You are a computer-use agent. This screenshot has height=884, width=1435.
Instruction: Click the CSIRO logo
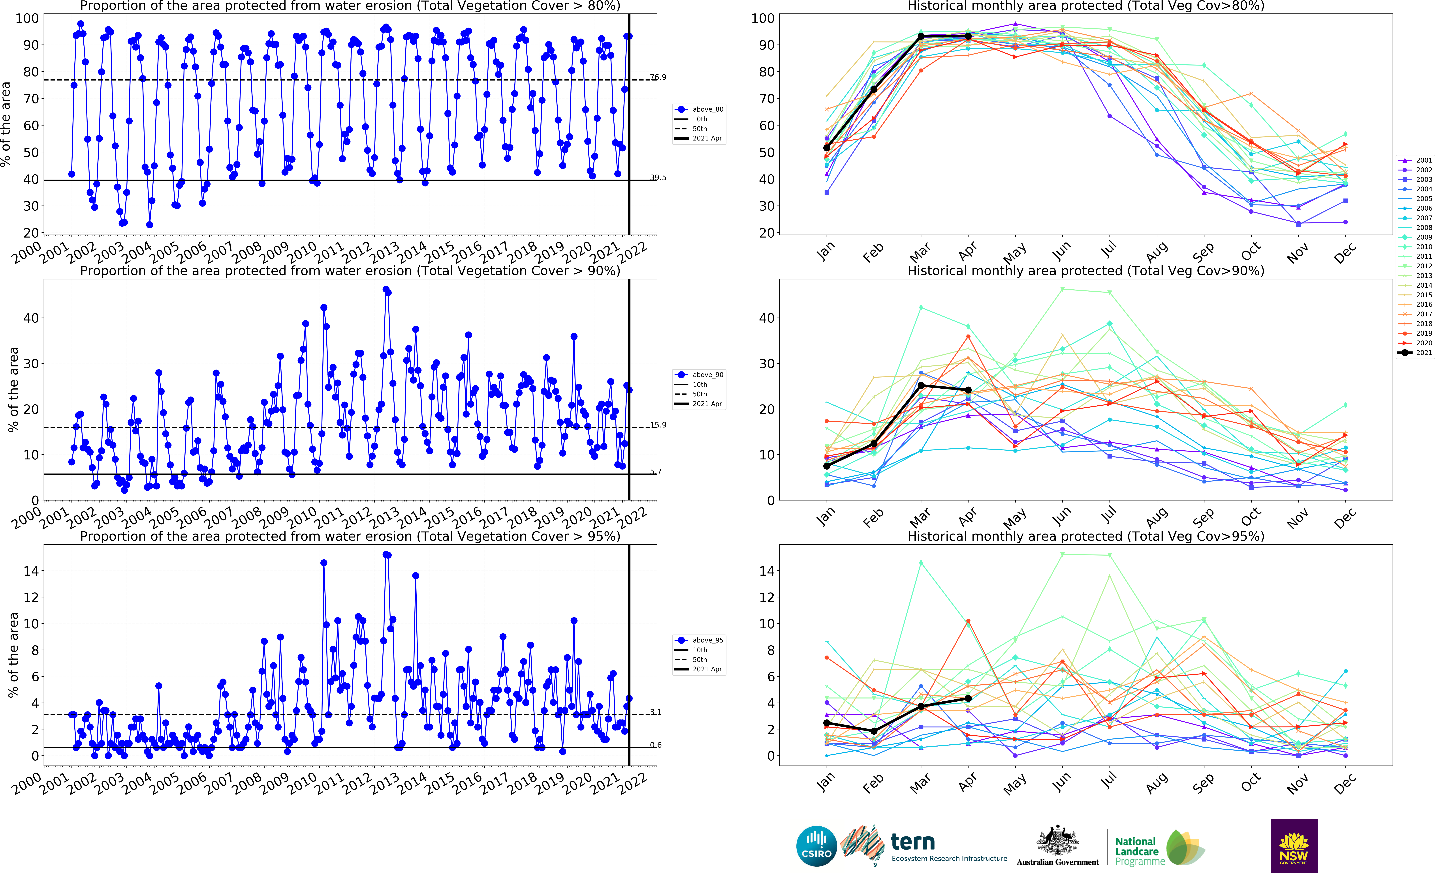pyautogui.click(x=816, y=846)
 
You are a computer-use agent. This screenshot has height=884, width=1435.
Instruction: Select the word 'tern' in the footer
pyautogui.click(x=912, y=842)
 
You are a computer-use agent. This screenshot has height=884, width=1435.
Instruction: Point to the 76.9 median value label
pyautogui.click(x=658, y=77)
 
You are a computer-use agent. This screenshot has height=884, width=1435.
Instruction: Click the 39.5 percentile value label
pyautogui.click(x=658, y=178)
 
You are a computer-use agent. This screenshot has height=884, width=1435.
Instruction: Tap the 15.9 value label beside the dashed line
pyautogui.click(x=658, y=425)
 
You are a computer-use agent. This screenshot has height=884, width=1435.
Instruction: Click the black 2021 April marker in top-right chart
pyautogui.click(x=968, y=36)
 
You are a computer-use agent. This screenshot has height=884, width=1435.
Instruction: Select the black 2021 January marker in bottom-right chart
pyautogui.click(x=827, y=723)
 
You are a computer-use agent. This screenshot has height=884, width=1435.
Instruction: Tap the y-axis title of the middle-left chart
pyautogui.click(x=13, y=390)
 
